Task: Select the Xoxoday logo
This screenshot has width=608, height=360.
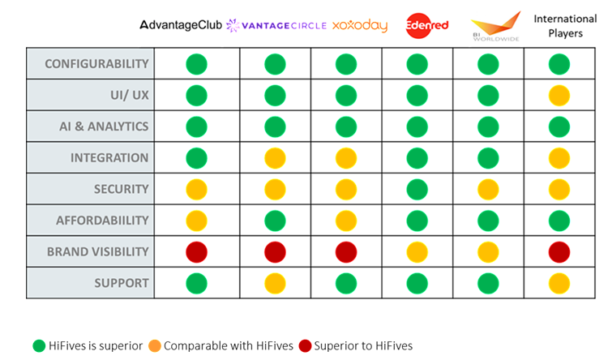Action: pos(360,26)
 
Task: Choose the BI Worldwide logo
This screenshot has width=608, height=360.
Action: pos(496,24)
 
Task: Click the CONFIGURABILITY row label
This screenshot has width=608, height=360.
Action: pos(90,63)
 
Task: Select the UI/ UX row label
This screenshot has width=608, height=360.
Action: pos(90,95)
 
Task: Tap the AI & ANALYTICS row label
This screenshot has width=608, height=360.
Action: pos(90,126)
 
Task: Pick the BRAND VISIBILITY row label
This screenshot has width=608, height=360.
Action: pos(90,251)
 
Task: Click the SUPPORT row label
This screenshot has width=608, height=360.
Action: pos(90,283)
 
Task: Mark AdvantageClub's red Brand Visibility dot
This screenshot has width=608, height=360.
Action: pos(197,251)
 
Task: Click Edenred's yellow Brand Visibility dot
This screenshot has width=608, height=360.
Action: pos(417,251)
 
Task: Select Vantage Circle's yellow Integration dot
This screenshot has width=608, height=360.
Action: pos(276,157)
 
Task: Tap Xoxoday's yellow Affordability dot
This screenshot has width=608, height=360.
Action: pos(346,220)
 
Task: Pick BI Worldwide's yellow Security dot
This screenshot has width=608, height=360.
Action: pos(488,189)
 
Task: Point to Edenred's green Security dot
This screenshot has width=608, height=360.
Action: pos(417,189)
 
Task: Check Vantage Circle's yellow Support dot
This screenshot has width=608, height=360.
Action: pos(276,283)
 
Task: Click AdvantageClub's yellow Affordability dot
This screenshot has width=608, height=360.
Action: pos(197,220)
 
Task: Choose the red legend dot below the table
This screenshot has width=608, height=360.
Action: pos(305,346)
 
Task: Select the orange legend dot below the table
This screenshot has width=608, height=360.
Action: pos(155,346)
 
